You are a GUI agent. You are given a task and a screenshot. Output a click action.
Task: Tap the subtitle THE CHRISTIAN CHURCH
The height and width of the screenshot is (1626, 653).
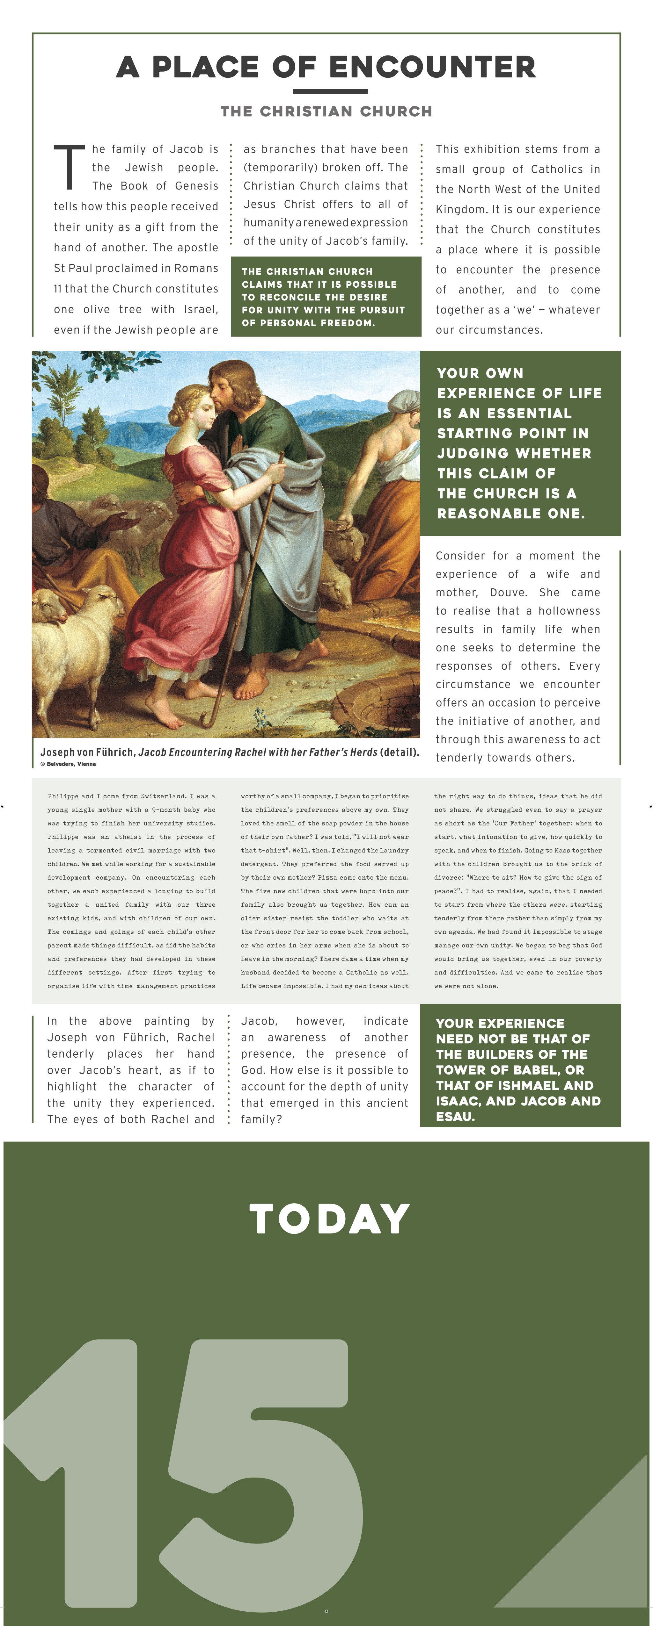[326, 112]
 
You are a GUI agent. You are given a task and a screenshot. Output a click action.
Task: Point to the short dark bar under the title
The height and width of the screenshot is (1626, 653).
[330, 91]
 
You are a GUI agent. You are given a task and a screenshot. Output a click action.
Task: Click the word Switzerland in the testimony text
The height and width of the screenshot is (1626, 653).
[168, 796]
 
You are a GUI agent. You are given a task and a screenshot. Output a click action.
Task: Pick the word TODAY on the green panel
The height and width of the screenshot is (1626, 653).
[330, 1219]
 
